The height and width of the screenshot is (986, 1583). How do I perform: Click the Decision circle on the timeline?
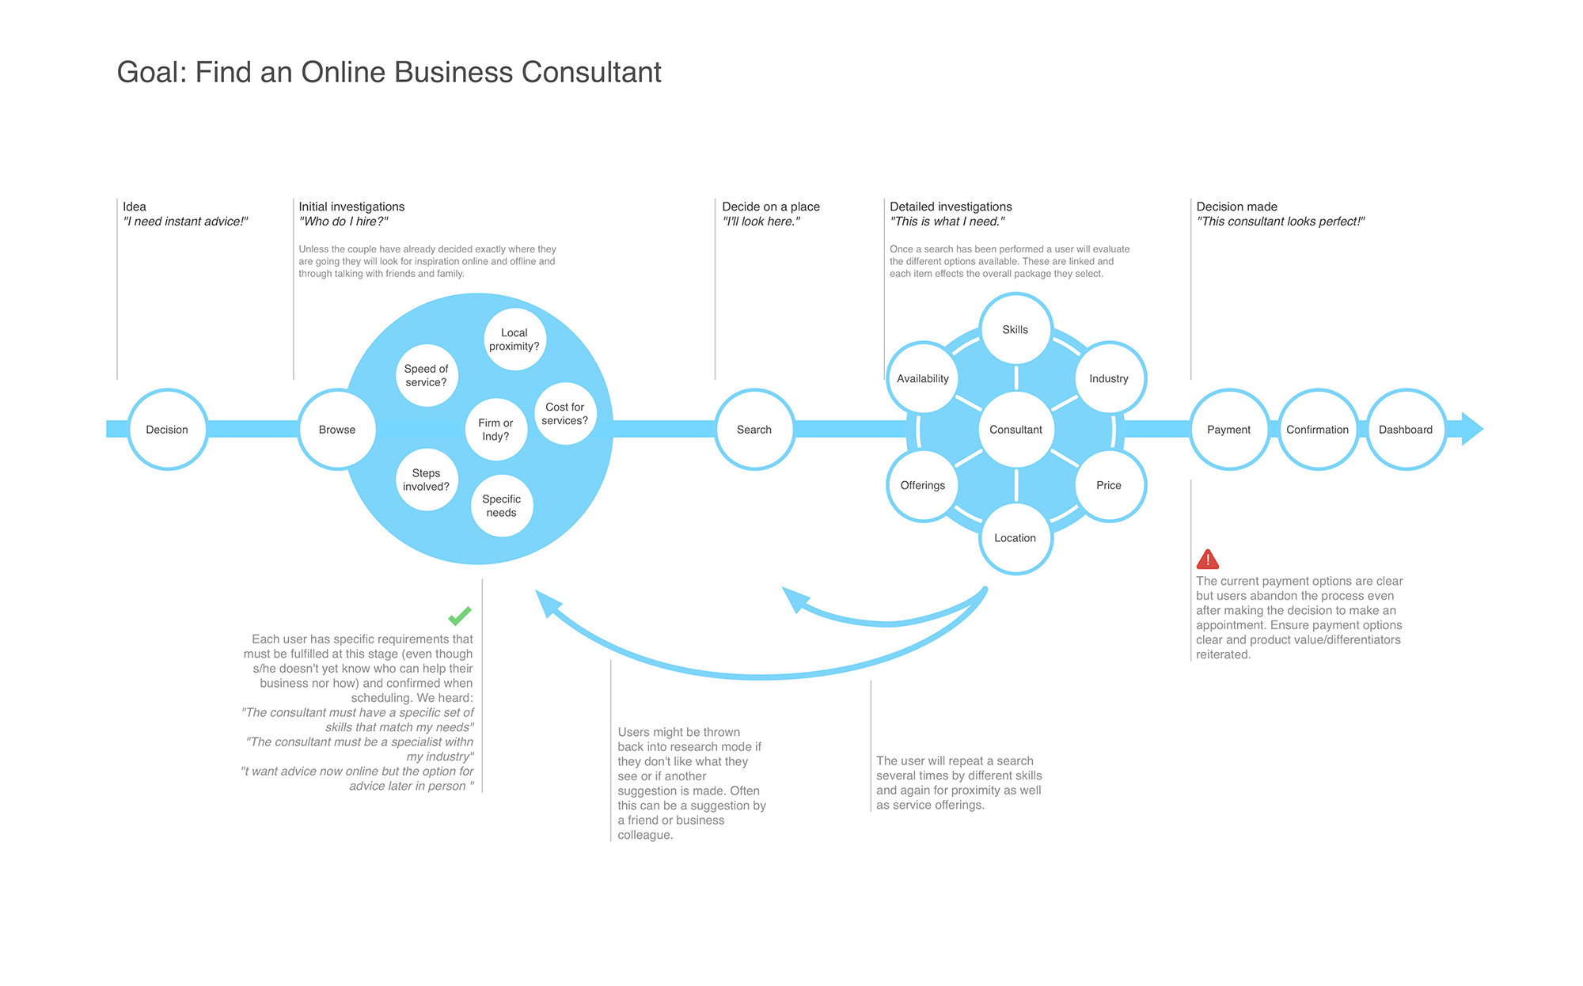coord(167,430)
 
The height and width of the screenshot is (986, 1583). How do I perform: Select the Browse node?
coord(337,430)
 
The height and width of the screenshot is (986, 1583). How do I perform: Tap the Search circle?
coord(754,430)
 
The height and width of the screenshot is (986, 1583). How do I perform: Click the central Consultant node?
coord(1015,430)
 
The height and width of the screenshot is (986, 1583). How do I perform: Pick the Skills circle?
coord(1015,330)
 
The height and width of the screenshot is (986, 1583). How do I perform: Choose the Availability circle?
coord(923,379)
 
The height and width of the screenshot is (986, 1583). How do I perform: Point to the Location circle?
coord(1015,538)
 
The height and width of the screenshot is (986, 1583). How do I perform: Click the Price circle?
coord(1109,485)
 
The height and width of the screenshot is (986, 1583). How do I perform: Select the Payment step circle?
coord(1229,430)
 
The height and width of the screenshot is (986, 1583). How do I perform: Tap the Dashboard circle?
coord(1406,430)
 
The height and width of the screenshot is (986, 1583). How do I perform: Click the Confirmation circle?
coord(1318,430)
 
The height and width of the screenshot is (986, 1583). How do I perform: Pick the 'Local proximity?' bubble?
coord(514,339)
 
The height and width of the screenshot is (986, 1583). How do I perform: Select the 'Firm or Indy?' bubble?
coord(496,430)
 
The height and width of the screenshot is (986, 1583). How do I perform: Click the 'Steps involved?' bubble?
coord(427,480)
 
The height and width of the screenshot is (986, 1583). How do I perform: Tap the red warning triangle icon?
coord(1208,559)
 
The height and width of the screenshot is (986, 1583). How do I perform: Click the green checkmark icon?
coord(460,615)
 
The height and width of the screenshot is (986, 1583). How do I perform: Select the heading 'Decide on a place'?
coord(771,207)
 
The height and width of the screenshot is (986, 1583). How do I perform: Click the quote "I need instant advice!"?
coord(186,222)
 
